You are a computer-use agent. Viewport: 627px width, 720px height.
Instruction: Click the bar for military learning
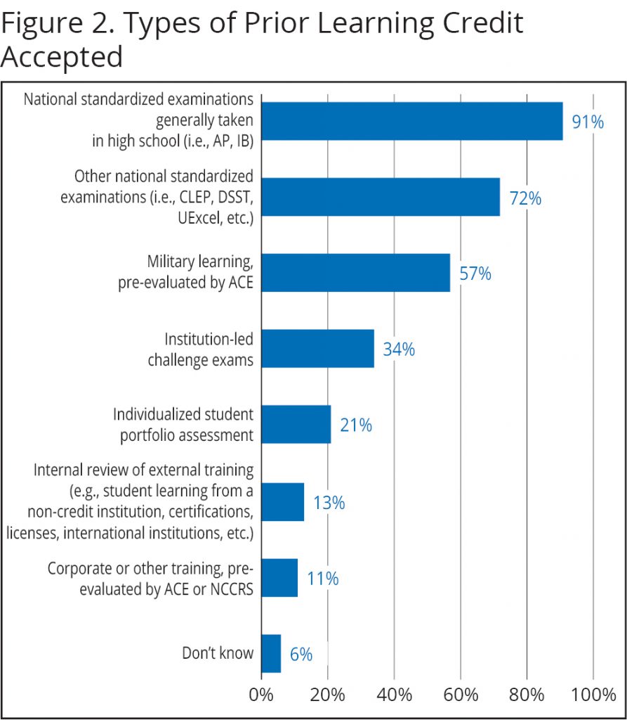click(x=355, y=272)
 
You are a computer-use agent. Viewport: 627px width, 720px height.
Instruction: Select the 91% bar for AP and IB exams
click(x=411, y=121)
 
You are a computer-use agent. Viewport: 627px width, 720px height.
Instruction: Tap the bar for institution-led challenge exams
click(x=317, y=348)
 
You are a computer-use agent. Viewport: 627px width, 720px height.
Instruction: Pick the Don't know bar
click(x=271, y=653)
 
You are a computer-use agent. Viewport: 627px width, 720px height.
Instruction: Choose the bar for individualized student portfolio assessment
click(x=296, y=424)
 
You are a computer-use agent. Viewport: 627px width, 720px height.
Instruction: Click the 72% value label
click(x=525, y=199)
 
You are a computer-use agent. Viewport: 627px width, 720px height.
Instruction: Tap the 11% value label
click(x=322, y=579)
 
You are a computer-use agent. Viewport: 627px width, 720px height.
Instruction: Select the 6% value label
click(x=301, y=655)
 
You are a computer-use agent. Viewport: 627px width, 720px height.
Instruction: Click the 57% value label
click(x=475, y=274)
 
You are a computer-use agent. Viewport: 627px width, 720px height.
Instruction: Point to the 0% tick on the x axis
click(x=261, y=696)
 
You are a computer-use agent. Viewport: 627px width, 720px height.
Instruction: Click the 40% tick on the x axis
click(x=395, y=696)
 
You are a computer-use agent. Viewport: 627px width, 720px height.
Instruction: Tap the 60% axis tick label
click(x=461, y=696)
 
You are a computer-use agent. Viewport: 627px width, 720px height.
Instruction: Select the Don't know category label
click(x=218, y=653)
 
